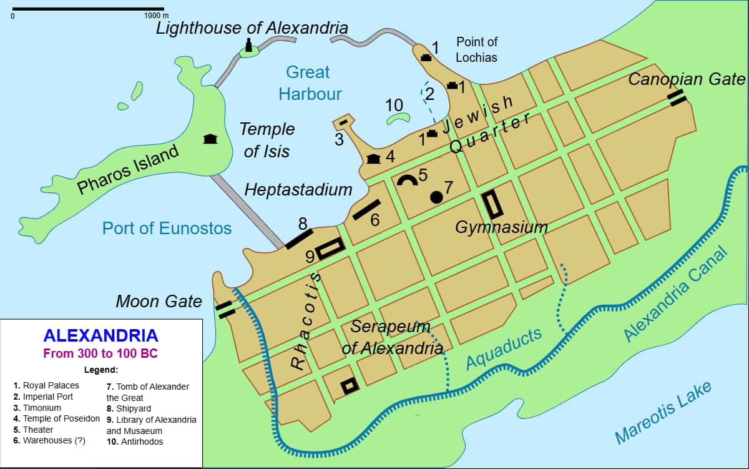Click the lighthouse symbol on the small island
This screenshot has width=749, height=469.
click(248, 46)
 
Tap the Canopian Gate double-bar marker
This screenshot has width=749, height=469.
click(677, 98)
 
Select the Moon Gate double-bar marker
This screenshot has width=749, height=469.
click(225, 309)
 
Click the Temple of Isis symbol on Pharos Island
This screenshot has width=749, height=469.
click(210, 139)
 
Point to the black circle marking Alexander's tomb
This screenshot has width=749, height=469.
click(436, 197)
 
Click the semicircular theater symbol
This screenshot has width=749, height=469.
click(407, 180)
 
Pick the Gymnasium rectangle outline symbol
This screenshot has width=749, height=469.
click(492, 204)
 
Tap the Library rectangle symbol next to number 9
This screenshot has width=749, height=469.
click(330, 249)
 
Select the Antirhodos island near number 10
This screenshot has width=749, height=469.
click(396, 119)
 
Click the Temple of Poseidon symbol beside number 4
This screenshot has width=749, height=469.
click(374, 159)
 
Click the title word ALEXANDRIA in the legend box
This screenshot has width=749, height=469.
click(100, 335)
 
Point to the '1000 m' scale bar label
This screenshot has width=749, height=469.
click(156, 15)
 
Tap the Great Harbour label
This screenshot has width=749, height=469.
click(310, 83)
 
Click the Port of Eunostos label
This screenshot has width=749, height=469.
click(167, 228)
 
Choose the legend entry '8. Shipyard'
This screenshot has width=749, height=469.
click(129, 408)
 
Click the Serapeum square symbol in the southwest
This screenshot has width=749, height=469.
click(350, 386)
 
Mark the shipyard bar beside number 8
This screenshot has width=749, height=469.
click(299, 239)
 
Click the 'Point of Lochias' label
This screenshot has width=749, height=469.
click(477, 49)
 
